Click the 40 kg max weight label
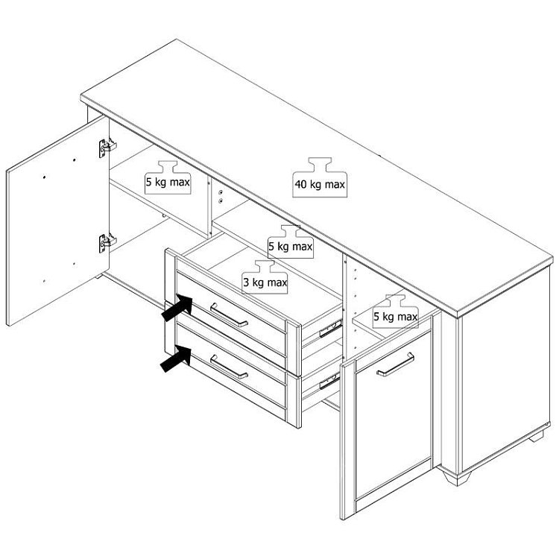pos(320,177)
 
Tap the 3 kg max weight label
pos(265,277)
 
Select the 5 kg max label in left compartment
pos(168,177)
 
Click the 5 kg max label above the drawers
pos(291,241)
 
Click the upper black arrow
pos(177,309)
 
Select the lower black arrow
pos(176,359)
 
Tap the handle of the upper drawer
pos(229,315)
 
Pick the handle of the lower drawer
pos(229,367)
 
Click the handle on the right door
pos(395,364)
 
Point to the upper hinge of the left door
pos(107,148)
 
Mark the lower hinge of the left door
pos(107,243)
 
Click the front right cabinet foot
pos(456,477)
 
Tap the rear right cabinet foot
pos(537,436)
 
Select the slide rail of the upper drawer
pos(330,329)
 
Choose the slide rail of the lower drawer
pos(329,382)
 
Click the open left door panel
pos(57,221)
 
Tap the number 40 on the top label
pos(300,185)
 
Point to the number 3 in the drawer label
pos(247,282)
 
